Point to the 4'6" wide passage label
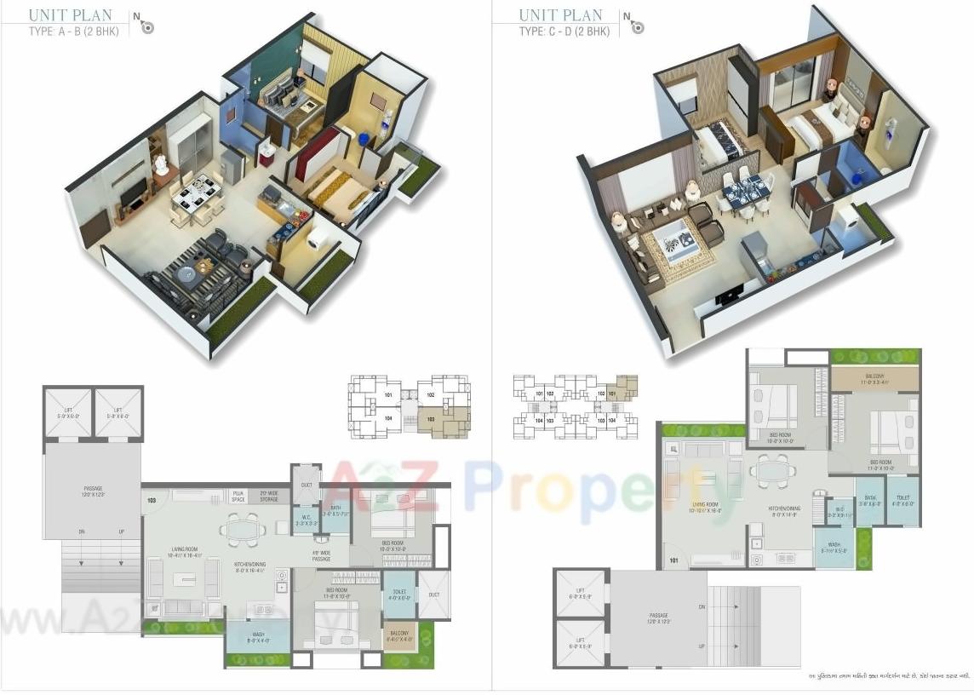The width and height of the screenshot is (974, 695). (321, 555)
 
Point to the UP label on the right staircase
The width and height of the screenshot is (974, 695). (702, 647)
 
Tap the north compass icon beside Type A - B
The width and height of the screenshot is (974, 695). (146, 26)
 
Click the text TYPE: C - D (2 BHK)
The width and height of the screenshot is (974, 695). (564, 32)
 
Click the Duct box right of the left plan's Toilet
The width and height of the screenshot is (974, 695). (434, 594)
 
